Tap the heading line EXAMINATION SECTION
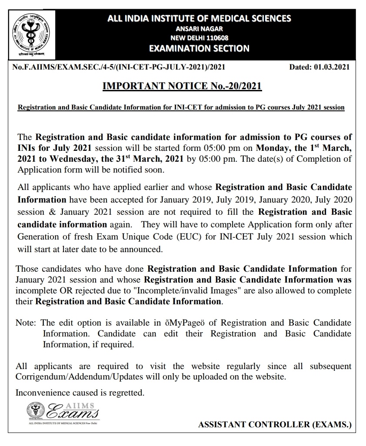199,48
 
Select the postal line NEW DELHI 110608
199,38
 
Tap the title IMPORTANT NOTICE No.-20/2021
182,86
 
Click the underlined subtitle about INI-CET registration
181,107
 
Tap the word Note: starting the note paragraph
27,323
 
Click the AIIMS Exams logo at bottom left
63,412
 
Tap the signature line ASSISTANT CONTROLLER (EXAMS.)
275,425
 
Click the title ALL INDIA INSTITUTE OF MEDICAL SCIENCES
199,18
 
